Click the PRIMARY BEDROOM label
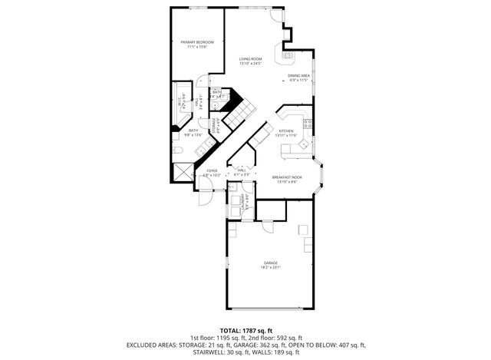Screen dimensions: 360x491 197,42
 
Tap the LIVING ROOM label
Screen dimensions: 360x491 250,59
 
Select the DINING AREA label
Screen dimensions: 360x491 298,75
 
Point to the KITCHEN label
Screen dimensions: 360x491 286,131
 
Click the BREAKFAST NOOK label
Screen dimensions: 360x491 287,177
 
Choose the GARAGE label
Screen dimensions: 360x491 270,263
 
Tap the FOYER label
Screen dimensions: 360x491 212,170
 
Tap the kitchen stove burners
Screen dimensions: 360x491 307,124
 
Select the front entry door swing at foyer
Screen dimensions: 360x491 204,197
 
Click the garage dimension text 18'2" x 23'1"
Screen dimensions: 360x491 270,267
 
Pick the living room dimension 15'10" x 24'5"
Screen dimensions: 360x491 250,64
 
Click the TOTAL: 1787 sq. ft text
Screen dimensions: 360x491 245,329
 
